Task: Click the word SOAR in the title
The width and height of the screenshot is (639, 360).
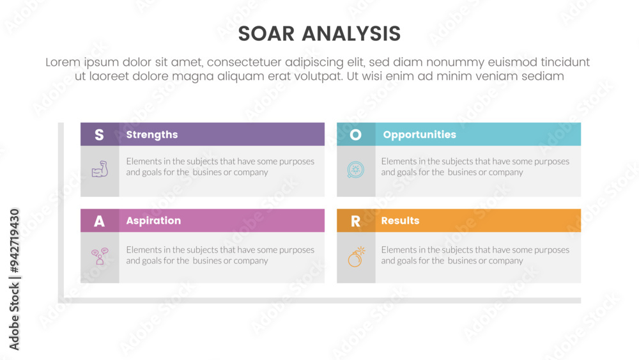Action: [x=266, y=34]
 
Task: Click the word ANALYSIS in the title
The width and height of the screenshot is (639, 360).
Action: [x=351, y=34]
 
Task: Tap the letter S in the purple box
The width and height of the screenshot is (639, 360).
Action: [x=99, y=134]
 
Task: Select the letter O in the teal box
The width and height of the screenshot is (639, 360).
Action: [x=355, y=134]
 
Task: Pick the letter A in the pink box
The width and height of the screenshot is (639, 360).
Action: [x=99, y=221]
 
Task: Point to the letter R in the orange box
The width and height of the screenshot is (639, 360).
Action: [x=355, y=221]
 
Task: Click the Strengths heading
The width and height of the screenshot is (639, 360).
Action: [x=152, y=134]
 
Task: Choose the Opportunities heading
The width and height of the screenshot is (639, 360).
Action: [x=419, y=134]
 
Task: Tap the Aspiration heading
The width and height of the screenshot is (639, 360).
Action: [x=153, y=221]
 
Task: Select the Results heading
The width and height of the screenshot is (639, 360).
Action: [x=400, y=221]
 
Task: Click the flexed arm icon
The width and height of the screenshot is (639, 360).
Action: [x=100, y=169]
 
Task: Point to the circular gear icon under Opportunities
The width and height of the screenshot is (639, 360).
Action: [x=355, y=169]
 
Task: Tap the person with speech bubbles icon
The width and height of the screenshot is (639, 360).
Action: [x=100, y=256]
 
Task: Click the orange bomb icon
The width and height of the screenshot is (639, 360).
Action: [x=356, y=256]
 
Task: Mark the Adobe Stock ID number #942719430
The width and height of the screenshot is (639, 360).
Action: [x=14, y=240]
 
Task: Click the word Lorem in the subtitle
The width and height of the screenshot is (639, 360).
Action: [x=63, y=62]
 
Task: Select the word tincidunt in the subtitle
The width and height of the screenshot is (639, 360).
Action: [x=565, y=62]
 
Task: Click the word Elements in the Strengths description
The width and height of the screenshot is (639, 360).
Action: [x=143, y=161]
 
